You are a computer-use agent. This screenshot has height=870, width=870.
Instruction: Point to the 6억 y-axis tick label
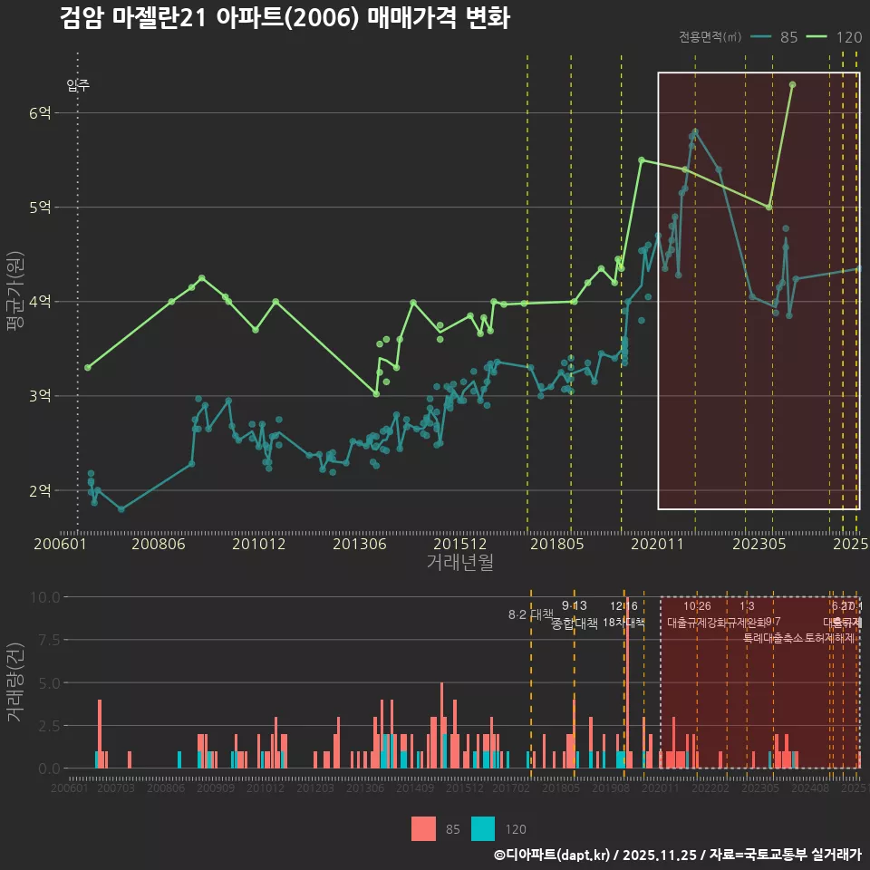point(39,112)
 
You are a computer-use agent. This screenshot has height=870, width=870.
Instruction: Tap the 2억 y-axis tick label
point(39,490)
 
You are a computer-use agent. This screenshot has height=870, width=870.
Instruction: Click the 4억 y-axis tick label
point(39,302)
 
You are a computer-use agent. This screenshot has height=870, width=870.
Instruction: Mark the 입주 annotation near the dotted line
point(78,86)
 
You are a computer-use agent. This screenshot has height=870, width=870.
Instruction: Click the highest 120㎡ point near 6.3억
point(792,84)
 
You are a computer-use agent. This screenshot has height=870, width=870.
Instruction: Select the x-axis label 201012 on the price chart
point(259,545)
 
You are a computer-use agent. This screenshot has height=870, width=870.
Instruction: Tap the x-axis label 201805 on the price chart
point(556,545)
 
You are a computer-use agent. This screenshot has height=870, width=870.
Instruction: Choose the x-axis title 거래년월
point(459,563)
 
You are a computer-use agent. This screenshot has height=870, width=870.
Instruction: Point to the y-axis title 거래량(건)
point(15,682)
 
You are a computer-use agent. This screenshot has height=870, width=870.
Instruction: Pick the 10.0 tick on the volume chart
point(43,597)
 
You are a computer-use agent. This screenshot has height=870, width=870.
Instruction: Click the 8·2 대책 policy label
point(531,614)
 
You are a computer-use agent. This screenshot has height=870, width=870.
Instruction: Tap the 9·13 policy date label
point(575,606)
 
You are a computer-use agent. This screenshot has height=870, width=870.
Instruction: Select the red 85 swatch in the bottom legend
point(423,828)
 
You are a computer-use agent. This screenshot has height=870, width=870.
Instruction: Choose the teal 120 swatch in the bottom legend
point(483,828)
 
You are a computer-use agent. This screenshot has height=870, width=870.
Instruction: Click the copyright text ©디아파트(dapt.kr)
point(553,855)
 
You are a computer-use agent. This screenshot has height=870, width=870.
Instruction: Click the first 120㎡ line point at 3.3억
point(87,367)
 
